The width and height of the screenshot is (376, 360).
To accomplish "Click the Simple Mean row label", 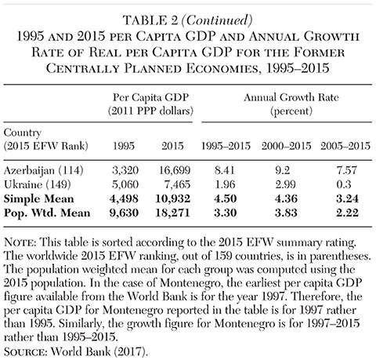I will [39, 198].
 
